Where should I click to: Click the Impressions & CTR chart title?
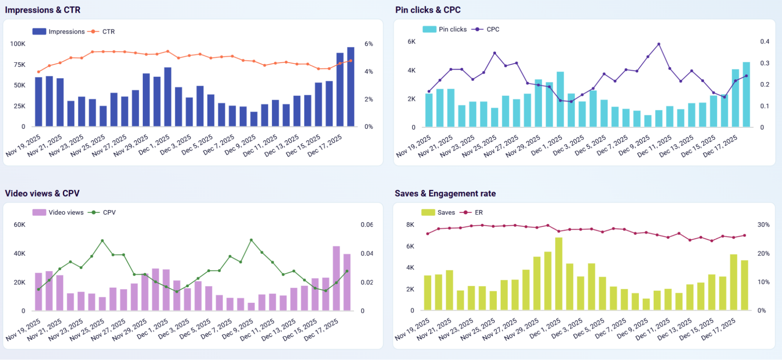point(43,10)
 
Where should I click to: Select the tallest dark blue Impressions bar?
point(351,87)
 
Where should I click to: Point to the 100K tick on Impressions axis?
point(18,44)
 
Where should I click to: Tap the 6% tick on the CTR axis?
point(369,44)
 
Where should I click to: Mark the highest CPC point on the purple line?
point(659,44)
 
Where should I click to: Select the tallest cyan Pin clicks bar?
point(746,94)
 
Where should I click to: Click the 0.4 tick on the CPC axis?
point(764,41)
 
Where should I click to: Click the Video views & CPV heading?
point(42,193)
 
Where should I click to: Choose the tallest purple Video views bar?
point(336,278)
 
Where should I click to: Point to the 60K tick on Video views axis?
point(19,225)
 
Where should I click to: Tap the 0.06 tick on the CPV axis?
point(367,225)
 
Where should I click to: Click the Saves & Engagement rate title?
point(445,193)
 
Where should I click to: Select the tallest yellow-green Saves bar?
point(559,274)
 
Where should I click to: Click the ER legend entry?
point(478,212)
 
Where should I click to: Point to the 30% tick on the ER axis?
point(763,225)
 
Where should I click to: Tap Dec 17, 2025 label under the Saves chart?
point(718,329)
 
